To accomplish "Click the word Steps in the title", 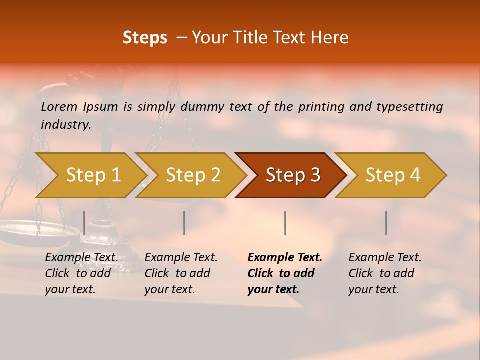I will (145, 38).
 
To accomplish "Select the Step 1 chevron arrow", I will (90, 175).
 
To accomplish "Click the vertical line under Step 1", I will (84, 223).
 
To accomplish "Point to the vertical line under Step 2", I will (184, 223).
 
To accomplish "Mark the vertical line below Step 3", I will (285, 223).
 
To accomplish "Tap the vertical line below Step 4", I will (386, 223).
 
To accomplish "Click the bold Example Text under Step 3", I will (285, 273).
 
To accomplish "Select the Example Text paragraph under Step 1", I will (81, 273).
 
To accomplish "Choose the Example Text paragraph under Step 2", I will (181, 273).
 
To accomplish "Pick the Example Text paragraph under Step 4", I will (385, 273).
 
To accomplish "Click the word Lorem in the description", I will (59, 107).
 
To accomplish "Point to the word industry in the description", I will (65, 125).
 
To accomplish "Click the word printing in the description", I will (322, 107).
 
